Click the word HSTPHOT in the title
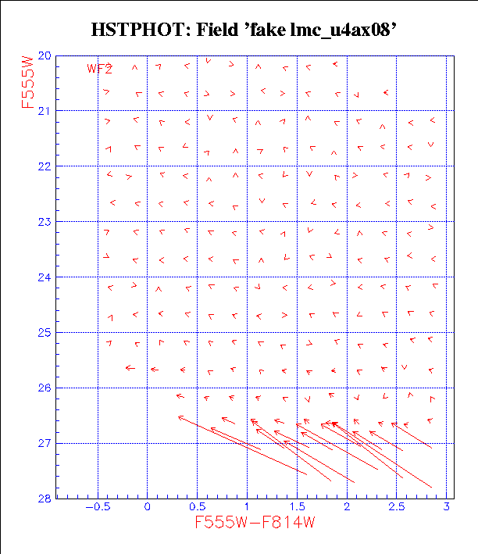coord(130,31)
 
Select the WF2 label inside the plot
coord(99,69)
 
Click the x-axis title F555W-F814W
coord(255,523)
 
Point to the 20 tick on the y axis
coord(45,56)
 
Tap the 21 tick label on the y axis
coord(45,111)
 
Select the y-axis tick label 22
coord(45,166)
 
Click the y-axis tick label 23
coord(45,222)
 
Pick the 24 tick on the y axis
coord(45,277)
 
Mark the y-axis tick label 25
coord(45,333)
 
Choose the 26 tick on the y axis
coord(45,388)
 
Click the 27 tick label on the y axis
coord(45,444)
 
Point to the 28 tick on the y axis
coord(45,499)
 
